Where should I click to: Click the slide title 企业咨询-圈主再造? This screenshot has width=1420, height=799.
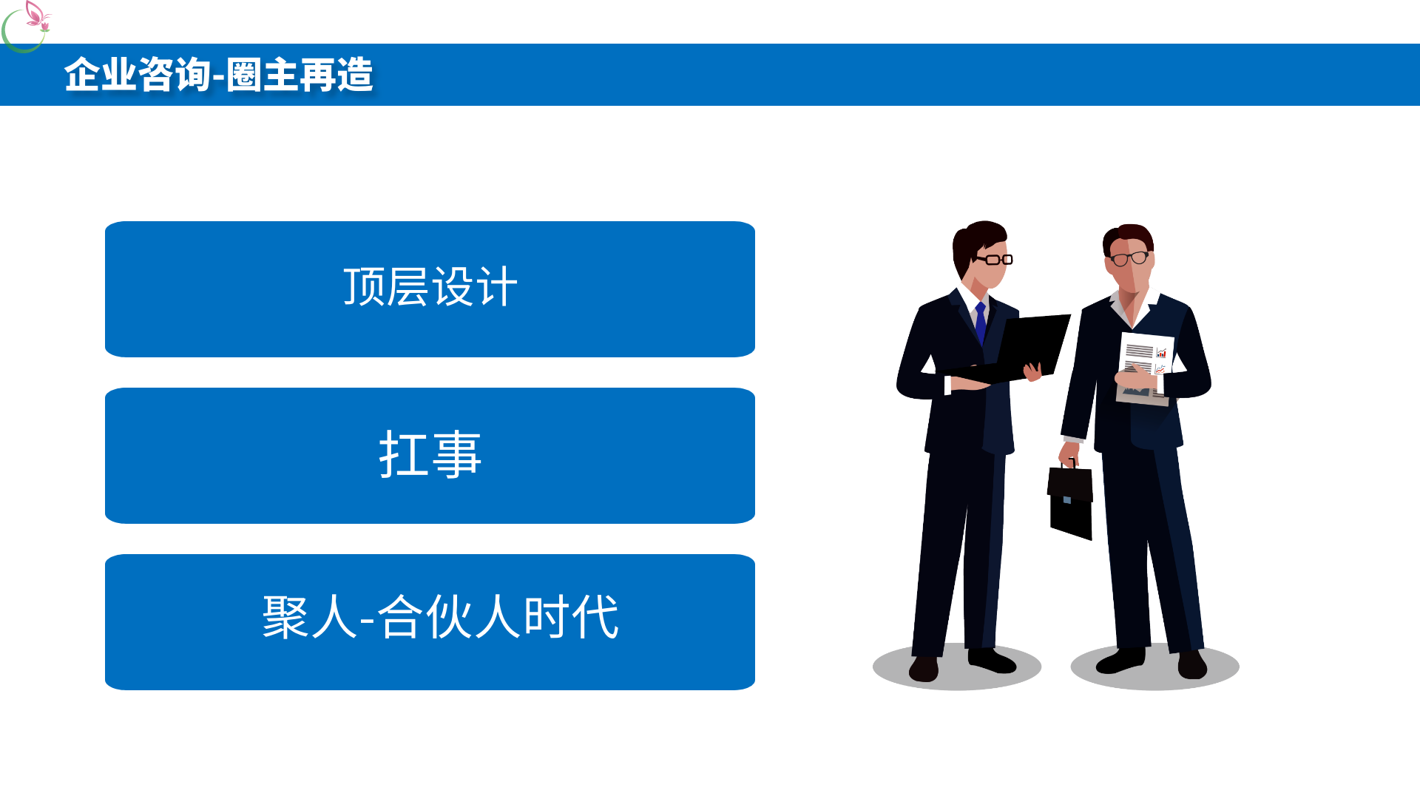click(x=219, y=75)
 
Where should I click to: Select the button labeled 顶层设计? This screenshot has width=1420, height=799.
click(x=430, y=289)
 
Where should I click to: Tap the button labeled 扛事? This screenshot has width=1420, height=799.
click(x=430, y=456)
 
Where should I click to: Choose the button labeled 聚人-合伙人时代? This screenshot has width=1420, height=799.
click(x=430, y=622)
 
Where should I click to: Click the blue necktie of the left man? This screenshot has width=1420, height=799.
click(x=981, y=323)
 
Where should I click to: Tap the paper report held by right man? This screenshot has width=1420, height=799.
click(x=1144, y=368)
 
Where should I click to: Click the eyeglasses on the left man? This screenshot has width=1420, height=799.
click(x=993, y=259)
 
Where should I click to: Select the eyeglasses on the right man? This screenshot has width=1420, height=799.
click(x=1129, y=258)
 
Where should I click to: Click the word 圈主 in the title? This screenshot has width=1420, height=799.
click(x=263, y=75)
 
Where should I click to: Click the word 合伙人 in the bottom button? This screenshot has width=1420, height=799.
click(x=450, y=616)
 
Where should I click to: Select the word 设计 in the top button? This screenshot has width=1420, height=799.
click(x=474, y=286)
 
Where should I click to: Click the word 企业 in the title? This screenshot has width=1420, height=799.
click(x=101, y=75)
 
